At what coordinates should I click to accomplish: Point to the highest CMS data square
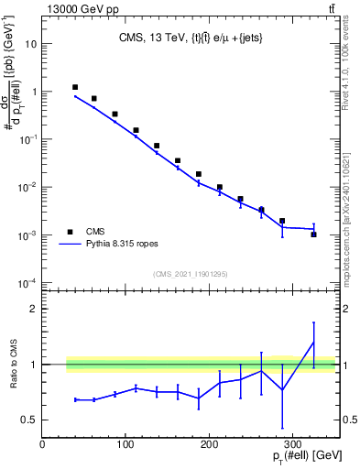[x=75, y=87]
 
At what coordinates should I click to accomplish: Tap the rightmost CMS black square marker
[x=313, y=234]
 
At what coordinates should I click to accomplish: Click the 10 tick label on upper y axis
[x=30, y=44]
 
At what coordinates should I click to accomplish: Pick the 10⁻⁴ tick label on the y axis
[x=27, y=282]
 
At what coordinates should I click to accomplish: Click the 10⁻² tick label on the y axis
[x=27, y=187]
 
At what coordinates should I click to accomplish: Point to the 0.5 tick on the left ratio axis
[x=30, y=420]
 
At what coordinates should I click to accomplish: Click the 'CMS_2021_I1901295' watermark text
[x=191, y=274]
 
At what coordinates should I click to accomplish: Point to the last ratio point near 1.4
[x=313, y=343]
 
